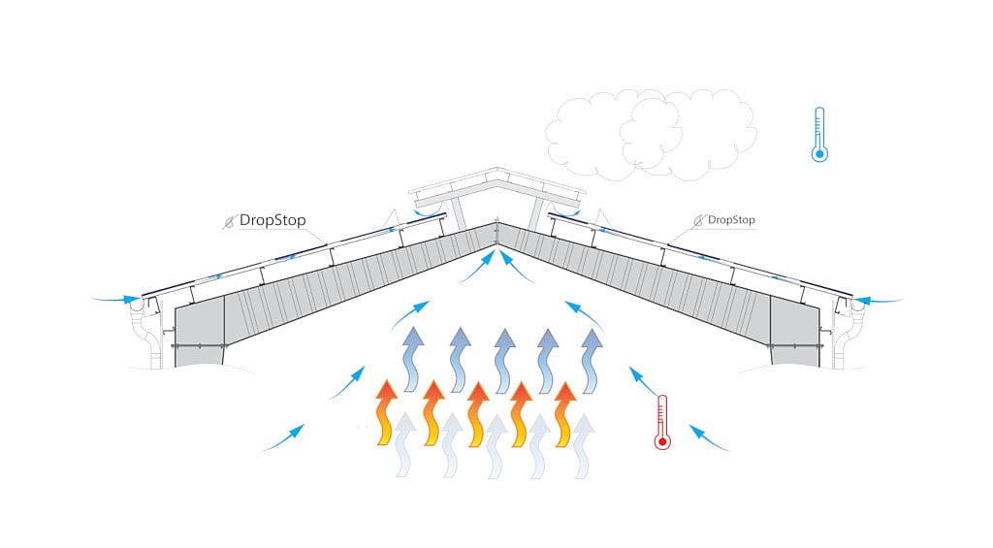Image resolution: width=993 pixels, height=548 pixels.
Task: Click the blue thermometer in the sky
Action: point(819,134)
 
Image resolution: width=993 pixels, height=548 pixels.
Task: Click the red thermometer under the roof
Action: point(661,423)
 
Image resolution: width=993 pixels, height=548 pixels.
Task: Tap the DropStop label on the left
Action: point(272,220)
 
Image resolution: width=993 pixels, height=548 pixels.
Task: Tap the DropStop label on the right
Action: point(731,220)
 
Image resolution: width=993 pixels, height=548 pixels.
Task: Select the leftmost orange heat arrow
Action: point(386,412)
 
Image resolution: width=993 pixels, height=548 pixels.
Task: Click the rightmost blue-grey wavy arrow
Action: point(592,360)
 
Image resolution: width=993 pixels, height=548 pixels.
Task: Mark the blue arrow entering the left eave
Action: point(117,299)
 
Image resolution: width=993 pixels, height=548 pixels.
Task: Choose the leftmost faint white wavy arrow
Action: point(405,445)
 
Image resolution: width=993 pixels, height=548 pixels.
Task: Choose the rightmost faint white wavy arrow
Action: point(584,445)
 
